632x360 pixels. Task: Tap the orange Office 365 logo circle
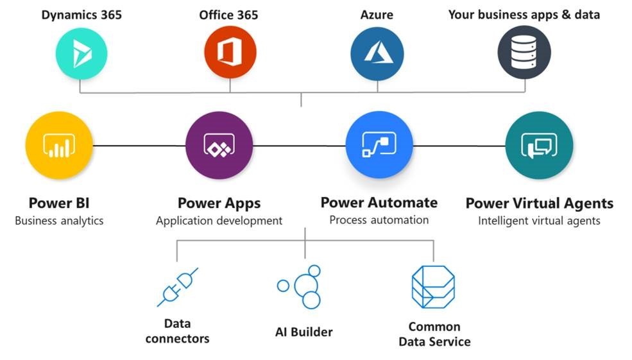(230, 53)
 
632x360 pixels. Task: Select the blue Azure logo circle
(377, 53)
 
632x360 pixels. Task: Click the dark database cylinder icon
(524, 53)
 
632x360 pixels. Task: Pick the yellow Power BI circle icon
(58, 146)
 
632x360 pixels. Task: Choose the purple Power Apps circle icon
(219, 146)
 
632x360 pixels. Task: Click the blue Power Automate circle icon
(379, 146)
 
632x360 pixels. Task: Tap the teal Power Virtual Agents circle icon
(539, 146)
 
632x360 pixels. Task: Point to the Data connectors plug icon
(177, 287)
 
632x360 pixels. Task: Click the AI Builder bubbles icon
(302, 286)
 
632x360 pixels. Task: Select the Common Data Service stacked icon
(433, 287)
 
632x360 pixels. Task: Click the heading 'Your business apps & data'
(524, 14)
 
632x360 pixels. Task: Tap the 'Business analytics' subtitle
(59, 221)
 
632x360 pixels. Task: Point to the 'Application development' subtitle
(219, 221)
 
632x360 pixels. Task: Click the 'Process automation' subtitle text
(379, 219)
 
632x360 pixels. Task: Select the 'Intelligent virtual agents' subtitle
(539, 221)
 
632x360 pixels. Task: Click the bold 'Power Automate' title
(379, 203)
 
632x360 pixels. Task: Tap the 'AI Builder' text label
(303, 332)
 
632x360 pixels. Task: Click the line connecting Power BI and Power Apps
(139, 146)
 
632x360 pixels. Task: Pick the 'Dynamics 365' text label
(81, 14)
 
